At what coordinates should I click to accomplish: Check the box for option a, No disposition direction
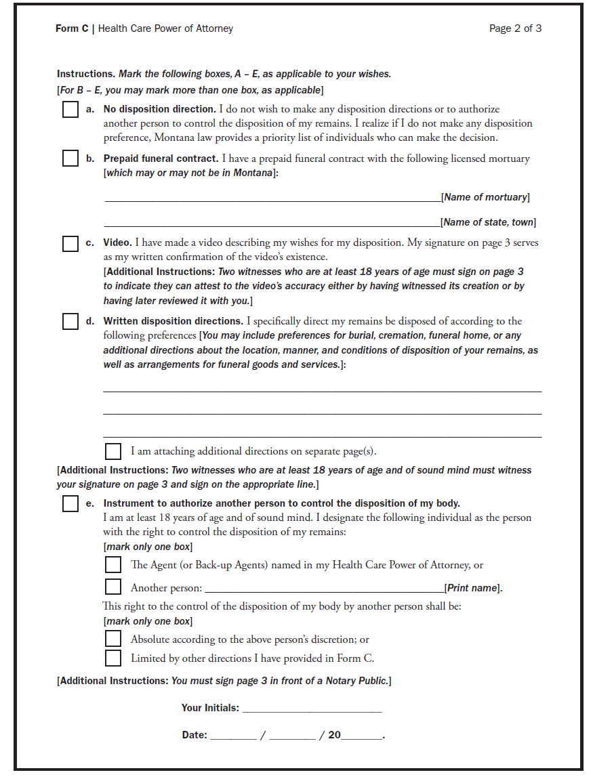pyautogui.click(x=70, y=110)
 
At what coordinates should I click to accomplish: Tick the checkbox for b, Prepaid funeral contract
pyautogui.click(x=70, y=159)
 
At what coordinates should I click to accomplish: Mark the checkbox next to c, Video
pyautogui.click(x=70, y=244)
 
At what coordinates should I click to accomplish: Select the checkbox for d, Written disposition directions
pyautogui.click(x=70, y=322)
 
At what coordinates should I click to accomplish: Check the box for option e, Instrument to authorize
pyautogui.click(x=70, y=504)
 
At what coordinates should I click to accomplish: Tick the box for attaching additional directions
pyautogui.click(x=113, y=451)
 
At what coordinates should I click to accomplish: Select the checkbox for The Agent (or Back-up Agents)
pyautogui.click(x=113, y=565)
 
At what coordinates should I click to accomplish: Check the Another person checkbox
pyautogui.click(x=113, y=587)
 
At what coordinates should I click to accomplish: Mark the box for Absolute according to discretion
pyautogui.click(x=113, y=639)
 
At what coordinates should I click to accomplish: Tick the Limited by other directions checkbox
pyautogui.click(x=113, y=658)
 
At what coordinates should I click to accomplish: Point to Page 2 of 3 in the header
pyautogui.click(x=515, y=28)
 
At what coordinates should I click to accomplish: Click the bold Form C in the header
pyautogui.click(x=72, y=28)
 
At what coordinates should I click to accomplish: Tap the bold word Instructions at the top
pyautogui.click(x=85, y=74)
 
